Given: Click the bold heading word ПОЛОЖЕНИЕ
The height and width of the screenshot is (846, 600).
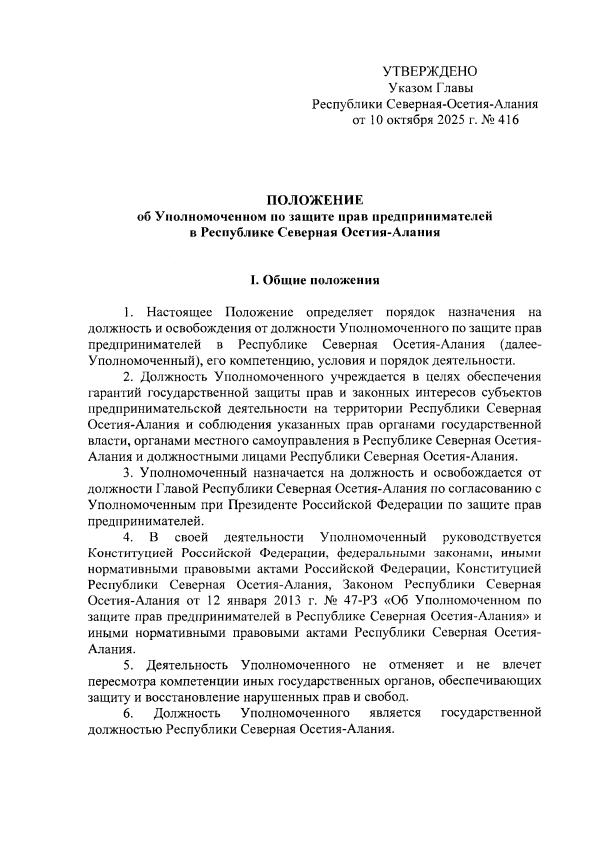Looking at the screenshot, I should point(314,201).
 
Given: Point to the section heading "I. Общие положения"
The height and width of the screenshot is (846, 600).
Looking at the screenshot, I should point(314,280).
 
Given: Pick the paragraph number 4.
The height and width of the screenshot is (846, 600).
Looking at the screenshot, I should point(127,537).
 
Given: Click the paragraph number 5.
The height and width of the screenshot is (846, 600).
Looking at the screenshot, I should point(128,665).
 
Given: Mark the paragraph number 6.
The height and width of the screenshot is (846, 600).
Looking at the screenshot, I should point(128,713).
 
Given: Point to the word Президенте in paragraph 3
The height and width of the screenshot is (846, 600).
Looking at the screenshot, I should point(263,505).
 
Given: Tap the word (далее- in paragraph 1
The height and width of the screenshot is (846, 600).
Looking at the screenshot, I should point(520,345).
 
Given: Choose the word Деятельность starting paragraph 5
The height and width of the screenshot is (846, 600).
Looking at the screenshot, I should point(188,665).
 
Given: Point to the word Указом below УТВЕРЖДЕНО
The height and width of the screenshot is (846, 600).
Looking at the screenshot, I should point(408,88).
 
